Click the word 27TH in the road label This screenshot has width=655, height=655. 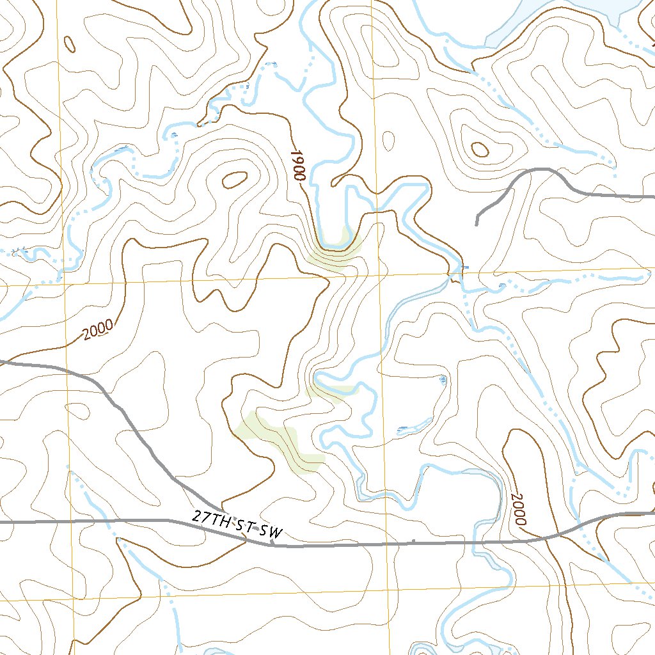210,517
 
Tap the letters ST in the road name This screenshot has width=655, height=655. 245,526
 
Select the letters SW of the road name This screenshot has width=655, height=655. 272,533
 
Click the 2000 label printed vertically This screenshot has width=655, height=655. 519,509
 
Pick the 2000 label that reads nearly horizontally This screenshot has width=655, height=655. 97,329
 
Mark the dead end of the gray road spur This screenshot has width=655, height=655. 477,225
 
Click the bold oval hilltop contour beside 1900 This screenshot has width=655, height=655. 235,180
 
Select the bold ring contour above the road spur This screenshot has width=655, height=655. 480,150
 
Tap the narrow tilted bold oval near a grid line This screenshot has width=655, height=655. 69,43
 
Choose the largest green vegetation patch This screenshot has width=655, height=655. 281,441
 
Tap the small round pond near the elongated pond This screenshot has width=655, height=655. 443,381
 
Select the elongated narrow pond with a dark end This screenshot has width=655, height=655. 409,428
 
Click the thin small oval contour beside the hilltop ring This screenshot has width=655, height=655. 388,138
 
